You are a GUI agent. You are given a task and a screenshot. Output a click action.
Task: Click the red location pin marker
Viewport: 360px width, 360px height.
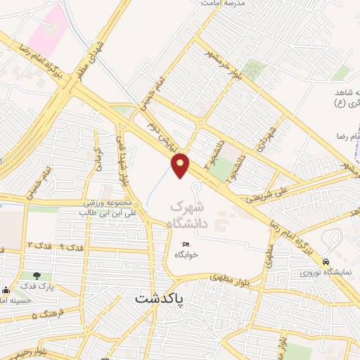(x=181, y=165)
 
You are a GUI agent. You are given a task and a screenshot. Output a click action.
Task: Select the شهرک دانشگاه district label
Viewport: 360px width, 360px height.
(x=191, y=216)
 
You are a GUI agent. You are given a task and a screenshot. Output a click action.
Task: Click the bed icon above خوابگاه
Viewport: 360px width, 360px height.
(x=186, y=243)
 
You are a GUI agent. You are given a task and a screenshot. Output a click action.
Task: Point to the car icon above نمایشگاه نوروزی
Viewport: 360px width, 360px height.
(x=325, y=261)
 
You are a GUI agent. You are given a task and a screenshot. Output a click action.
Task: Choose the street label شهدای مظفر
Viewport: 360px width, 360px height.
(x=96, y=55)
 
